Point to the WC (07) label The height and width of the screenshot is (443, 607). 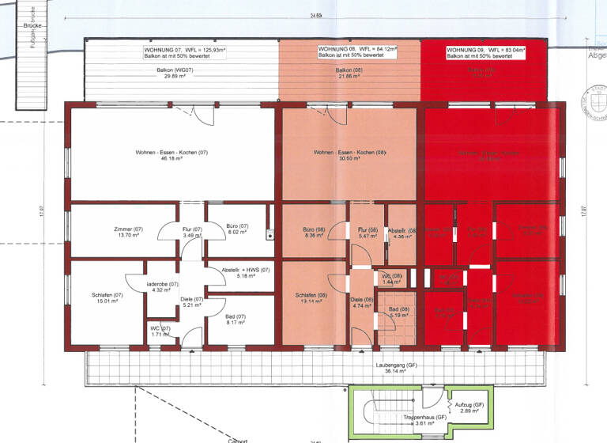(x=160, y=331)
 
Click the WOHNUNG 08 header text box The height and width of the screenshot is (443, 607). (x=357, y=51)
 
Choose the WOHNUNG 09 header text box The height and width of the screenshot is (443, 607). (x=485, y=51)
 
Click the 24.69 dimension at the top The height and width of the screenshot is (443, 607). (x=316, y=16)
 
